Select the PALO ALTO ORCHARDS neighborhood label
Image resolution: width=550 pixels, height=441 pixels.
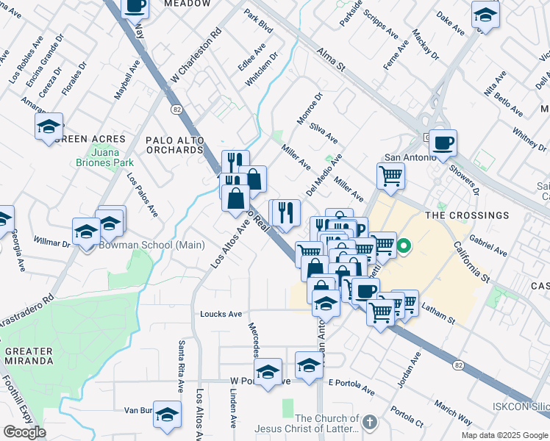tap(174, 144)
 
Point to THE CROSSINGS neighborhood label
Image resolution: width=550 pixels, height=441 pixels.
tap(466, 215)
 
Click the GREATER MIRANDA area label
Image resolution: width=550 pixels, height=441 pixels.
tap(29, 356)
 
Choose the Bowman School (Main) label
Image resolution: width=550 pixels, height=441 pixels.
tap(133, 245)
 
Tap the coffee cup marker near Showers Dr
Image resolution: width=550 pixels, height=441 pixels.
tap(443, 143)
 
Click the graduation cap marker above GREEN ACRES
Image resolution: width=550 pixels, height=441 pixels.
tap(49, 126)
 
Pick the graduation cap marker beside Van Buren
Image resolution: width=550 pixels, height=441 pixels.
tap(168, 415)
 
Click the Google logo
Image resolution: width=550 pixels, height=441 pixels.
tap(24, 431)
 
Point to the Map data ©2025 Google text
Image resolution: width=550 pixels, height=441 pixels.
tap(504, 435)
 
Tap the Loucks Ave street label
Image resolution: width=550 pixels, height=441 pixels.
tap(221, 314)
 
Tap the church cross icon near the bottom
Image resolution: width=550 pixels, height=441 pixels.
tap(369, 422)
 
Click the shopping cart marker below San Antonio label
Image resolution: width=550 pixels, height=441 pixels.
tap(390, 176)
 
